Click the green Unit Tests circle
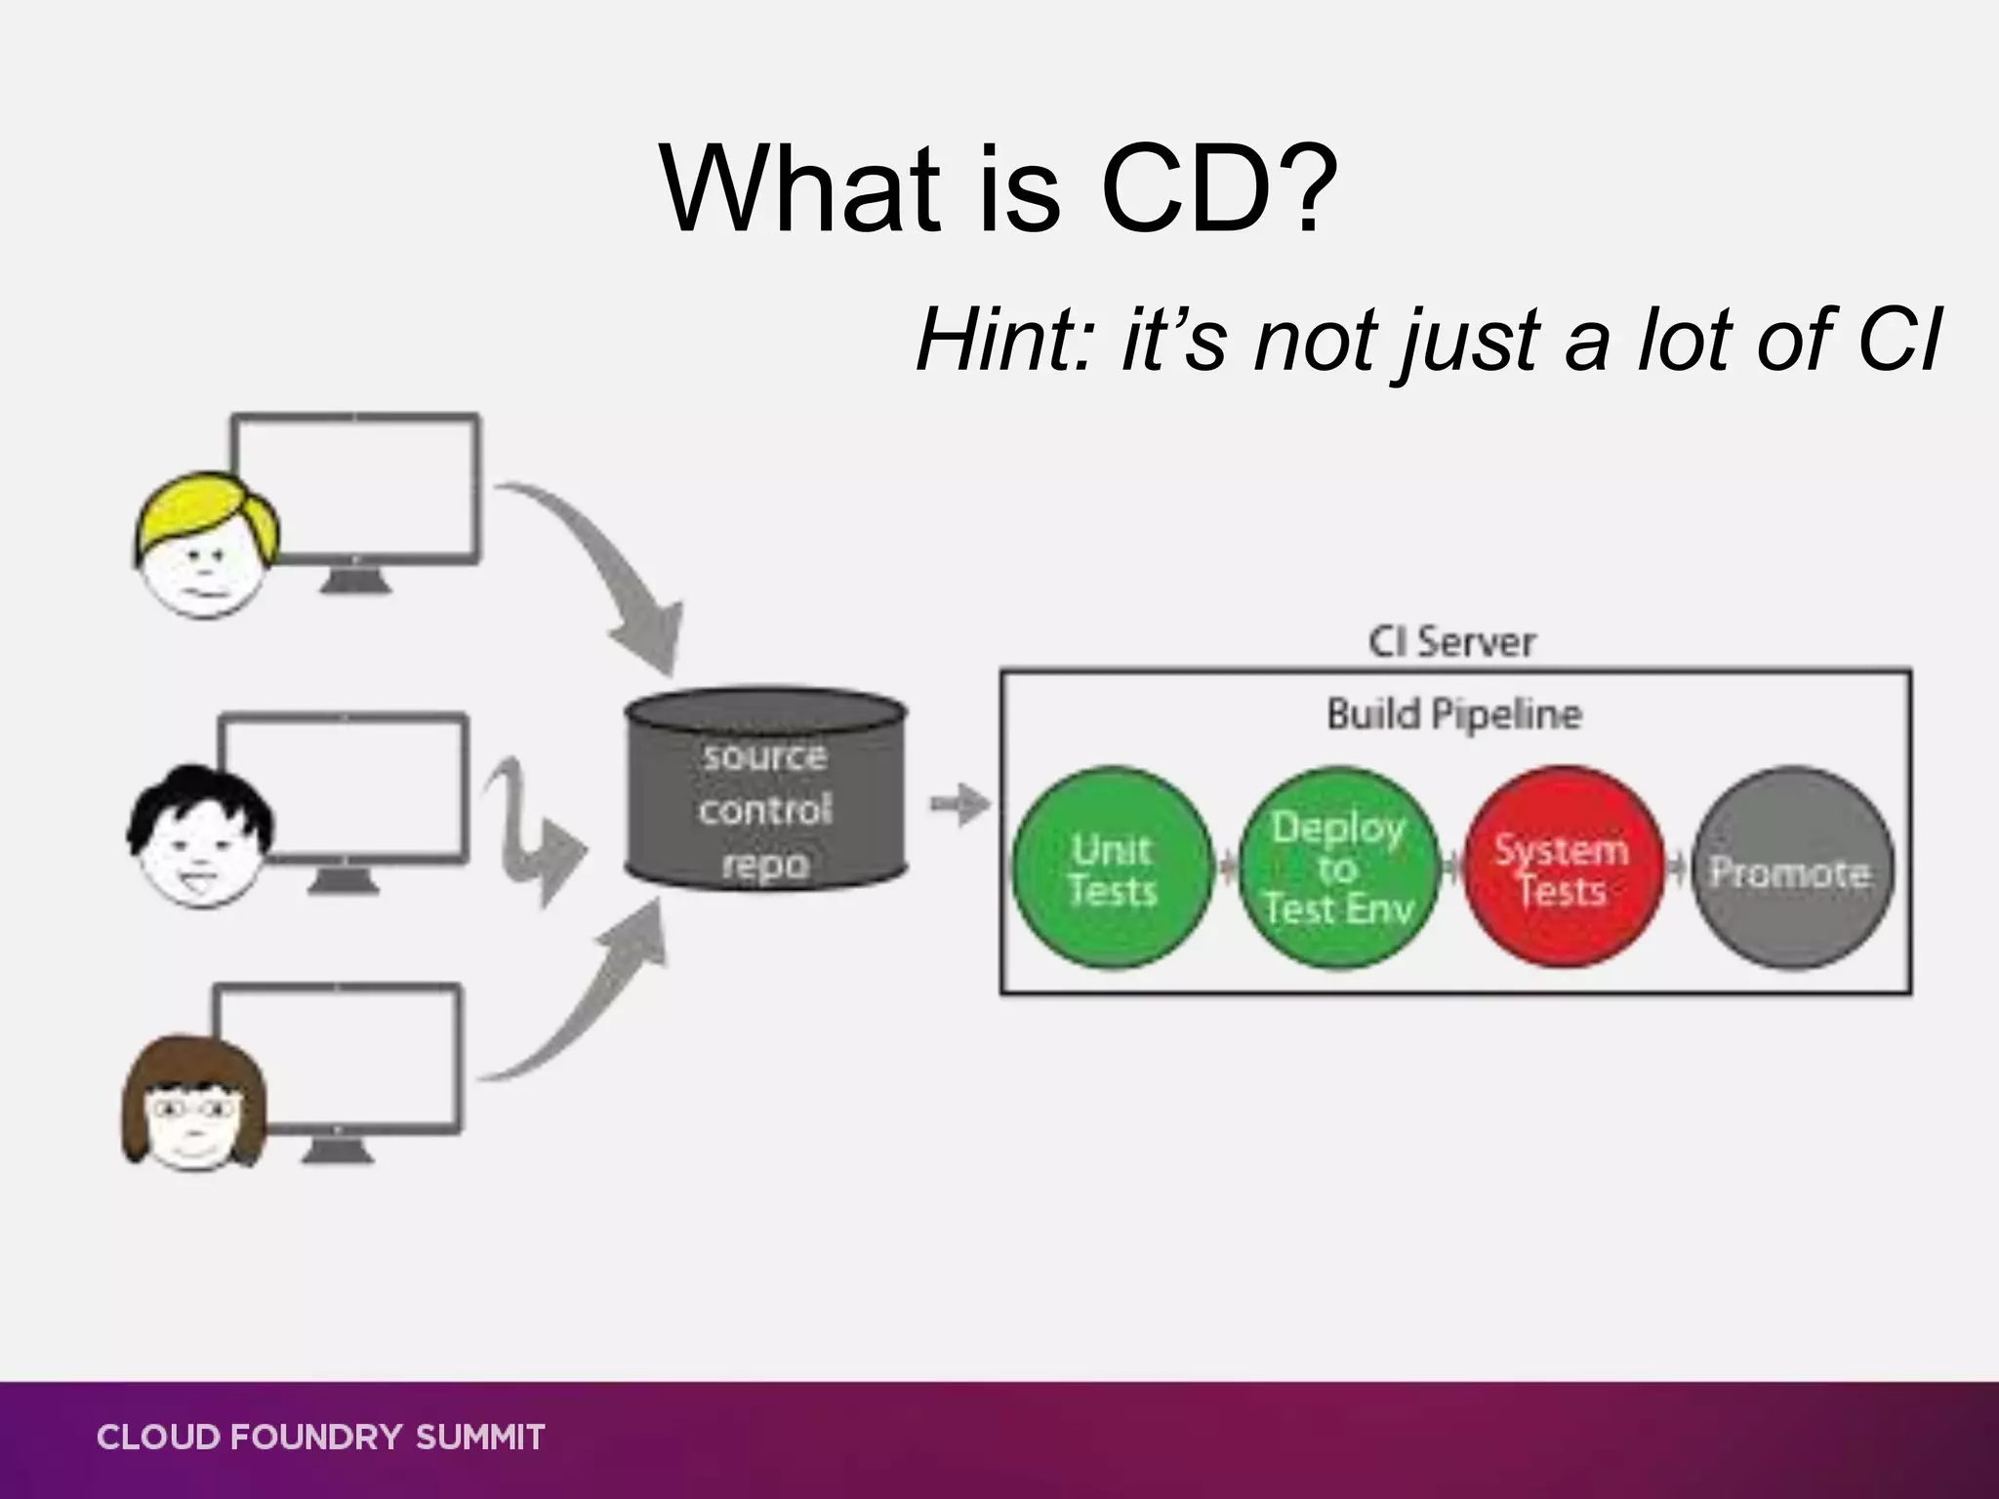pos(1112,869)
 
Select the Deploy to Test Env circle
pos(1338,869)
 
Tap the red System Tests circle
pos(1562,869)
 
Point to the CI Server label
pos(1451,642)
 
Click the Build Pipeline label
pos(1453,714)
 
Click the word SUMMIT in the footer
pos(480,1438)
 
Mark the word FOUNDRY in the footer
pos(316,1438)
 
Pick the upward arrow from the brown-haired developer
pos(586,995)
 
